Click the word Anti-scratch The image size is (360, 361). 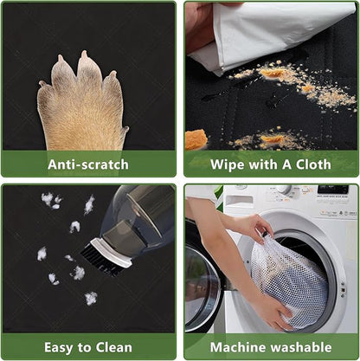click(88, 164)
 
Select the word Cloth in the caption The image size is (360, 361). click(313, 164)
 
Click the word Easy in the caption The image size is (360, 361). click(60, 348)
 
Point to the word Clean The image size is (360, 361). click(114, 347)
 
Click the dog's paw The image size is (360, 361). click(81, 106)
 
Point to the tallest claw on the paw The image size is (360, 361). click(84, 55)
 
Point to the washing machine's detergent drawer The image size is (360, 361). click(240, 200)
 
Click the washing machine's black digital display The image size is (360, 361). click(332, 190)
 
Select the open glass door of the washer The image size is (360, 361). click(202, 288)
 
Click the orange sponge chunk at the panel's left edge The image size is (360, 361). click(196, 140)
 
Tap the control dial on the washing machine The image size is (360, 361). click(284, 190)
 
